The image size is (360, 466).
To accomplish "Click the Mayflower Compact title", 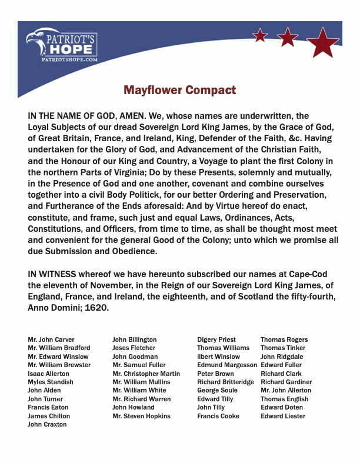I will pos(179,91).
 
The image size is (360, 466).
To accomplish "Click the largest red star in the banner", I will pos(322,42).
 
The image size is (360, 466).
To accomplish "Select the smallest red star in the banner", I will pos(259,35).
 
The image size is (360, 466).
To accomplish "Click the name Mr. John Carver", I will pos(51,339).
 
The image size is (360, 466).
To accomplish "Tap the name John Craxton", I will pos(47,424).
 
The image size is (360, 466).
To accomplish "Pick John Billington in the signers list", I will pos(135,339).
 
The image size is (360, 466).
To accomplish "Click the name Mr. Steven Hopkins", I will pos(141,416).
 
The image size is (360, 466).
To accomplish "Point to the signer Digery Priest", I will pos(216,339).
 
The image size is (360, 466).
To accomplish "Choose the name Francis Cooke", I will pos(219,416).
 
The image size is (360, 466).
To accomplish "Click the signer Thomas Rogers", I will pos(284,339).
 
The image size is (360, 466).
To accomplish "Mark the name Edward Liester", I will pos(283,416).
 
